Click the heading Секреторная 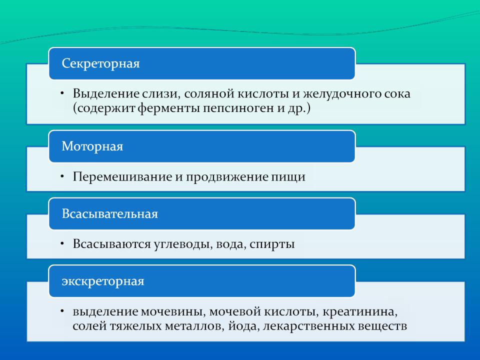click(100, 63)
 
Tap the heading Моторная click(92, 146)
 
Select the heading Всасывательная click(110, 213)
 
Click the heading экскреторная click(103, 281)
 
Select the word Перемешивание click(122, 177)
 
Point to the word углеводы click(183, 244)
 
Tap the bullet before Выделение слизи click(62, 92)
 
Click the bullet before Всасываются click(62, 243)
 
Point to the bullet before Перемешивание click(62, 175)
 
